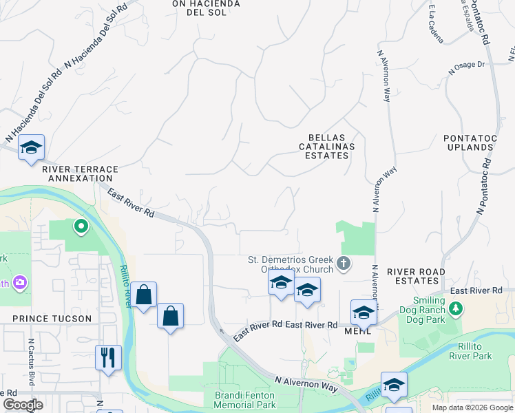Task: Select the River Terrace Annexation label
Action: (80, 173)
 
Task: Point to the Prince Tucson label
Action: (52, 319)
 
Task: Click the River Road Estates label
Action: (412, 276)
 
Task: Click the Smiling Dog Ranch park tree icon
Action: (455, 309)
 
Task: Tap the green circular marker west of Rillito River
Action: (81, 226)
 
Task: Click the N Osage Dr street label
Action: (467, 67)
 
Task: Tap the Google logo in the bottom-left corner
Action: (23, 405)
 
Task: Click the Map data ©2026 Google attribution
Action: (472, 407)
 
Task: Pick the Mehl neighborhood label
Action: (358, 330)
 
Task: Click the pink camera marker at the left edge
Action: (20, 282)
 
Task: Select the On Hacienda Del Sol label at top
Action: (206, 8)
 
